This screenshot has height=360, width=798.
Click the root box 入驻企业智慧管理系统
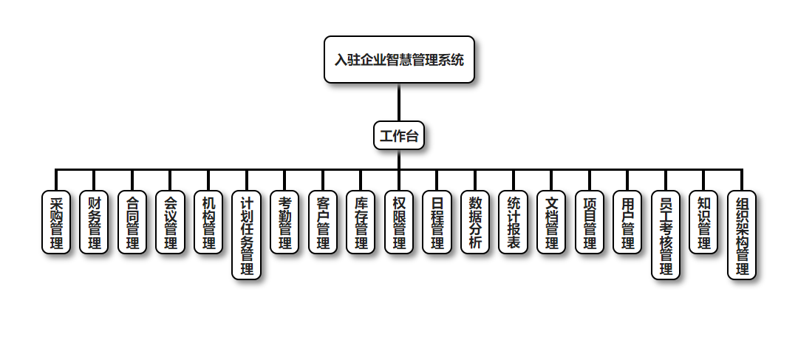pos(399,60)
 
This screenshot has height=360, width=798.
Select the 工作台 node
pos(399,136)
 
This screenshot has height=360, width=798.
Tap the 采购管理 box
pos(56,223)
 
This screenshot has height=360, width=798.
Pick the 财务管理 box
pos(94,223)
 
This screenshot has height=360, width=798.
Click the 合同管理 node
pos(132,223)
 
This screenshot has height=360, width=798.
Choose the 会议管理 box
pos(170,223)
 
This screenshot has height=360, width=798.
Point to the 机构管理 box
pos(208,223)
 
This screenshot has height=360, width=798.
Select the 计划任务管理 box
pos(247,236)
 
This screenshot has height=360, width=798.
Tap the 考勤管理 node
pos(284,223)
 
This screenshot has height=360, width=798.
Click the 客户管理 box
pos(323,223)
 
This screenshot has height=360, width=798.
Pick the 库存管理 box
pos(361,223)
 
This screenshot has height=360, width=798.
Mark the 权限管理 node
pos(399,223)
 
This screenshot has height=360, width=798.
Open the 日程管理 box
pos(437,223)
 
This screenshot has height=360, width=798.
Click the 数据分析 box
pos(475,223)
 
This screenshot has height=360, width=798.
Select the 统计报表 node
pos(514,223)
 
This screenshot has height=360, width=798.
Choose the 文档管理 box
pos(551,223)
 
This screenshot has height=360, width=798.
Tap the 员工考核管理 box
pos(666,236)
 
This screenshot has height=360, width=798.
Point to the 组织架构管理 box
pos(742,236)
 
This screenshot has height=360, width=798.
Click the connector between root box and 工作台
pos(399,102)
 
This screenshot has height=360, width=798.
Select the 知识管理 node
pos(704,223)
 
